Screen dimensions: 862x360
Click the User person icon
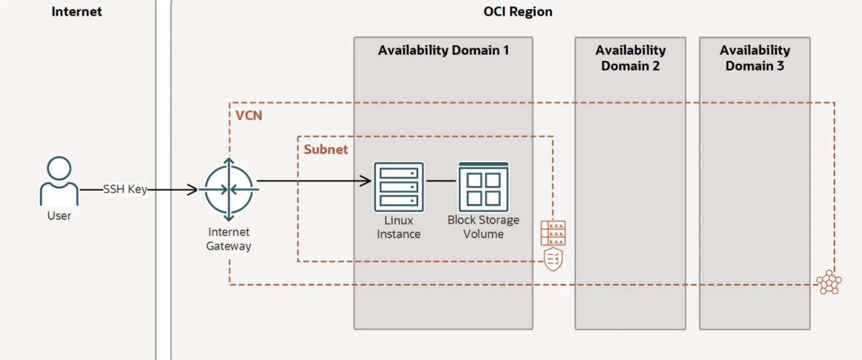[59, 181]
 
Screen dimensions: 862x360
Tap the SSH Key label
[125, 189]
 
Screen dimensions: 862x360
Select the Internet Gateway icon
[229, 189]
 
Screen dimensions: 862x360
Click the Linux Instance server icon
[398, 187]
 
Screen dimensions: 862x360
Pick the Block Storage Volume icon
[483, 187]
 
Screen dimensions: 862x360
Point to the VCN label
[249, 115]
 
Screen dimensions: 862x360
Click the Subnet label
[325, 149]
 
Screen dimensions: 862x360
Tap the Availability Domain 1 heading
[444, 51]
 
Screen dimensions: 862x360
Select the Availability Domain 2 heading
[630, 58]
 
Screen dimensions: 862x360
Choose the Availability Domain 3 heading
[754, 58]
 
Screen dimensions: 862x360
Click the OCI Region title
[518, 12]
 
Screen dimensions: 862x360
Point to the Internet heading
[76, 12]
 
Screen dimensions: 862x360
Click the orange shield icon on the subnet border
[553, 259]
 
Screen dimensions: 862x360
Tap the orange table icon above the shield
[553, 233]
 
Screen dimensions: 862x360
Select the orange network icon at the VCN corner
[829, 282]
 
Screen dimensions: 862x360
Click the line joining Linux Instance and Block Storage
[441, 181]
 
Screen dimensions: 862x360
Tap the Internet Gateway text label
[228, 239]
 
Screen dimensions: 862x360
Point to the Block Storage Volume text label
[483, 227]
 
